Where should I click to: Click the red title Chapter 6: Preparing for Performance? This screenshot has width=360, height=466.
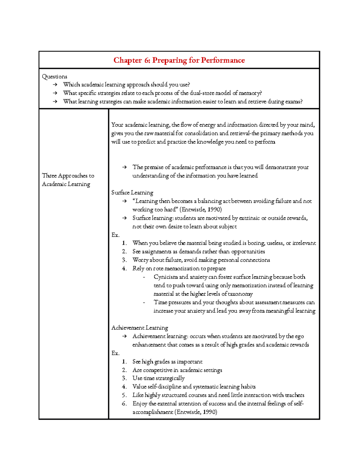tap(179, 60)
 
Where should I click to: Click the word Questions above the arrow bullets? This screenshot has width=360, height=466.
tap(54, 77)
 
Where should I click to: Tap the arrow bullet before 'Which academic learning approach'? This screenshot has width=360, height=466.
tap(55, 85)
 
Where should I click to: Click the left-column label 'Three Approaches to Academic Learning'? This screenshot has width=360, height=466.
tap(68, 180)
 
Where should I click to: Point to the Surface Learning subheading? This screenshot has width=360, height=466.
tap(132, 193)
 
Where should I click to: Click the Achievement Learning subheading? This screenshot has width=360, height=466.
tap(139, 328)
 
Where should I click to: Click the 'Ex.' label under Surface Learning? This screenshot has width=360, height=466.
tap(115, 235)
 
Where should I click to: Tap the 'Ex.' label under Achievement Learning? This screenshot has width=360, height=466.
tap(115, 353)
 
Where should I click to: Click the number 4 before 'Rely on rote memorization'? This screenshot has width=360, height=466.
tap(124, 269)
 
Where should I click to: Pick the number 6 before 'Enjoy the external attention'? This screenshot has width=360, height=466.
tap(124, 404)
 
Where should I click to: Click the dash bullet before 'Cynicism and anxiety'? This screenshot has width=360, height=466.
tap(144, 277)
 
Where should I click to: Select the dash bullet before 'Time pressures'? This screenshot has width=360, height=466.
tap(144, 302)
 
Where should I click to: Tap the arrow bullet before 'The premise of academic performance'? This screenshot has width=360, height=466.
tap(124, 167)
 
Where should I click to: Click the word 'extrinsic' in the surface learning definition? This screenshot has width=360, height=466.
tap(249, 218)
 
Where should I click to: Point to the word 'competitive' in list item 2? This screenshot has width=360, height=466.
tap(158, 370)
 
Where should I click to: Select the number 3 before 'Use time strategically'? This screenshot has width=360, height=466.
tap(124, 378)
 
